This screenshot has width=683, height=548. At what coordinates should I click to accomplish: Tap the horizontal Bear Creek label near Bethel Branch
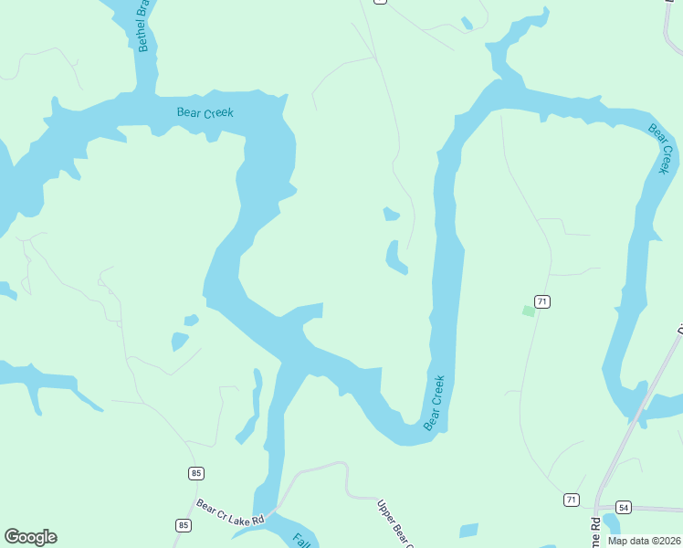pyautogui.click(x=205, y=113)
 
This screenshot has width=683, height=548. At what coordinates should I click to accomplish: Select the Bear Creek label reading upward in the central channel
pyautogui.click(x=435, y=402)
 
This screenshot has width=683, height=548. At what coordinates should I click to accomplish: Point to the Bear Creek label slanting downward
pyautogui.click(x=660, y=148)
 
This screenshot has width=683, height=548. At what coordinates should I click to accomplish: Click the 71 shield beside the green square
pyautogui.click(x=542, y=301)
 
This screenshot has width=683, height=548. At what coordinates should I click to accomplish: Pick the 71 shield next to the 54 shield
pyautogui.click(x=571, y=500)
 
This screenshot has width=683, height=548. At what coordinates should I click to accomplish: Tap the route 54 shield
pyautogui.click(x=624, y=507)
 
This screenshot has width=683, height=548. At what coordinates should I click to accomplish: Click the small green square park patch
pyautogui.click(x=528, y=311)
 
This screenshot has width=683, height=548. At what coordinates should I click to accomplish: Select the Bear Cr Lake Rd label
pyautogui.click(x=230, y=512)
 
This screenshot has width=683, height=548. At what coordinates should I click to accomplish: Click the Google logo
pyautogui.click(x=30, y=537)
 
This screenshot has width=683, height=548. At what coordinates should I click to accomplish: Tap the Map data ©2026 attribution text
pyautogui.click(x=643, y=541)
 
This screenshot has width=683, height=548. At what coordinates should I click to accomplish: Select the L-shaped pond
pyautogui.click(x=394, y=258)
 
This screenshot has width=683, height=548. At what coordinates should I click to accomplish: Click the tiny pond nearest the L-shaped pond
pyautogui.click(x=391, y=215)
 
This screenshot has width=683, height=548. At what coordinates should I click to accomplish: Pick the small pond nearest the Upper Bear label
pyautogui.click(x=468, y=531)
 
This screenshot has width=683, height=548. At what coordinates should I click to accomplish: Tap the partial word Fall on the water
pyautogui.click(x=300, y=539)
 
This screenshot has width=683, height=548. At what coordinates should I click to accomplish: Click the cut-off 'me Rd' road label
pyautogui.click(x=595, y=532)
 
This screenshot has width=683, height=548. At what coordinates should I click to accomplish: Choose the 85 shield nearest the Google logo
pyautogui.click(x=184, y=525)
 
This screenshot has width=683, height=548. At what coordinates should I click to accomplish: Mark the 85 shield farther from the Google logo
pyautogui.click(x=196, y=473)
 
